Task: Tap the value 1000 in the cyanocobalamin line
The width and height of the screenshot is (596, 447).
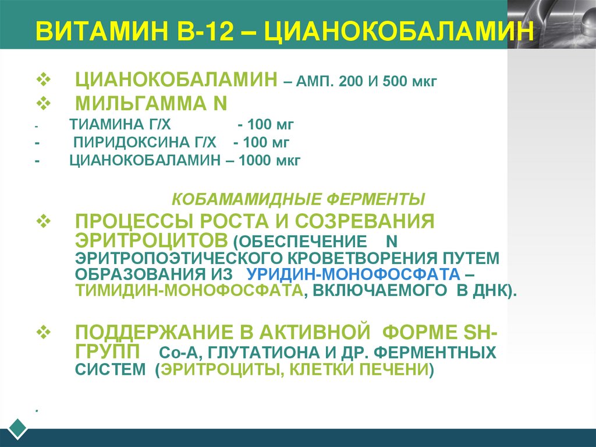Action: pyautogui.click(x=254, y=161)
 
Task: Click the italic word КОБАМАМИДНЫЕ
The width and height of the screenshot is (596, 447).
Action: pyautogui.click(x=244, y=200)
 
